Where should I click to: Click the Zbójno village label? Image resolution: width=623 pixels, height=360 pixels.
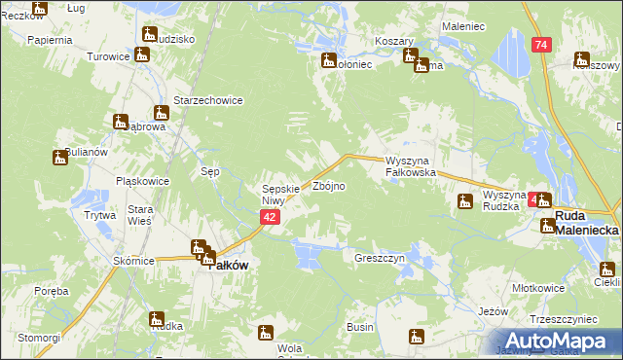[x=327, y=185]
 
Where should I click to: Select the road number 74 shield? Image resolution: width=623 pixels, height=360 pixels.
[x=541, y=45]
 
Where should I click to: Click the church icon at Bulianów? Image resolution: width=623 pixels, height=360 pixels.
[x=59, y=158]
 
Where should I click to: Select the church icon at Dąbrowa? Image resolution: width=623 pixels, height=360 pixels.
[x=120, y=122]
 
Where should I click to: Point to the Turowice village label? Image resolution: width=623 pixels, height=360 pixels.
[x=108, y=56]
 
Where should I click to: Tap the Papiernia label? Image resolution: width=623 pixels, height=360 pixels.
[x=51, y=40]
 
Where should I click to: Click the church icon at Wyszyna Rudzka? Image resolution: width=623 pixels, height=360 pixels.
[x=465, y=201]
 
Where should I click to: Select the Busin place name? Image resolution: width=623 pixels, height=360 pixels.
[x=360, y=327]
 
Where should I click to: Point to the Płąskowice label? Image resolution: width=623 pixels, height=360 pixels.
[x=142, y=181]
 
